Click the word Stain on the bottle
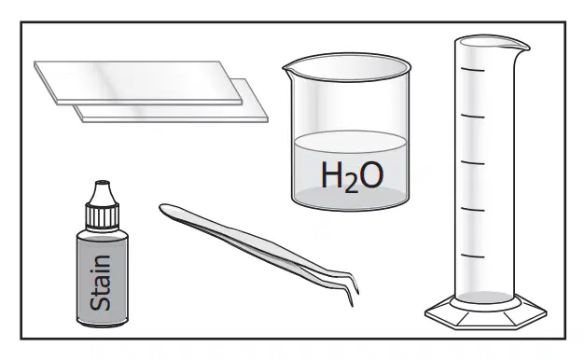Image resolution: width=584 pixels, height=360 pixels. [101, 283]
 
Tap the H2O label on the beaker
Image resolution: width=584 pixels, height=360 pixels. [352, 176]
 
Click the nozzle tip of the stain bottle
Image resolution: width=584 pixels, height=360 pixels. [103, 183]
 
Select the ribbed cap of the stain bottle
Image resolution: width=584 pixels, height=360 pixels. [103, 215]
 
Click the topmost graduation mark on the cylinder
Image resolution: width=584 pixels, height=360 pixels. [472, 69]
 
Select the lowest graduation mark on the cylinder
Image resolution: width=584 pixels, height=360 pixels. [472, 256]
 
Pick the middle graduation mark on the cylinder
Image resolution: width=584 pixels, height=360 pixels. [472, 162]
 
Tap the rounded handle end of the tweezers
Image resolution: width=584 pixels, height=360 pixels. [166, 209]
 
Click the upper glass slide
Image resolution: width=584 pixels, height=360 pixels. [138, 82]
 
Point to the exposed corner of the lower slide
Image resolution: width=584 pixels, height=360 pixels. [267, 120]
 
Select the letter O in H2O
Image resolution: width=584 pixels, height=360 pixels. [371, 175]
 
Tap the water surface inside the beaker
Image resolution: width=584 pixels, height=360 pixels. [350, 142]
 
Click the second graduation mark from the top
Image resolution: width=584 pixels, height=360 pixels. [472, 117]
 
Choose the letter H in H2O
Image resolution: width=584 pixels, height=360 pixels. [332, 174]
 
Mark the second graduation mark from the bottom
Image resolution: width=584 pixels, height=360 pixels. [472, 209]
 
